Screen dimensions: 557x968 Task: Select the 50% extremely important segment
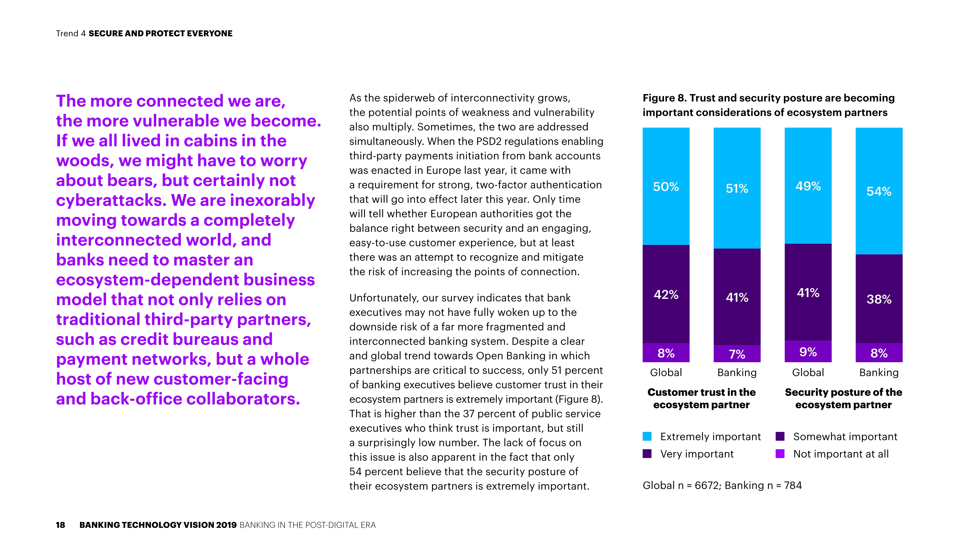pyautogui.click(x=666, y=187)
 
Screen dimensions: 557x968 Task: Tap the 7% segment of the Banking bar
pyautogui.click(x=737, y=354)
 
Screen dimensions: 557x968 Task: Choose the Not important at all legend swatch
pyautogui.click(x=780, y=454)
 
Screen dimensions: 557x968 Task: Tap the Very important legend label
pyautogui.click(x=697, y=454)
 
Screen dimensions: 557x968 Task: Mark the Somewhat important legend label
pyautogui.click(x=845, y=437)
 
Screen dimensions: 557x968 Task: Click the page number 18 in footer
pyautogui.click(x=60, y=525)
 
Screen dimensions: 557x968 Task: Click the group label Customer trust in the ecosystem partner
pyautogui.click(x=701, y=398)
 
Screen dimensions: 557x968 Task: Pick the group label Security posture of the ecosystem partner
pyautogui.click(x=843, y=398)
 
